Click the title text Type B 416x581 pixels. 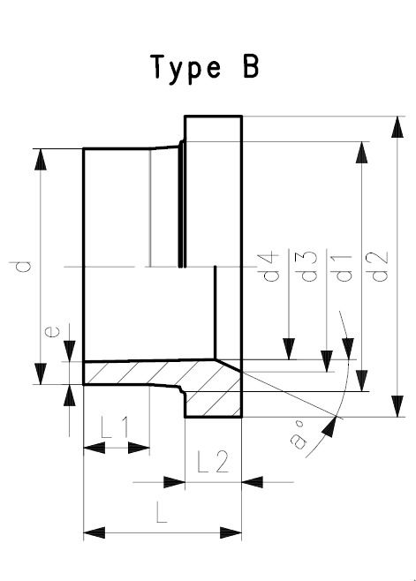[x=206, y=68]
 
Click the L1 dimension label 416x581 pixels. [x=115, y=429]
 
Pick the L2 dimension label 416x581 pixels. [x=212, y=462]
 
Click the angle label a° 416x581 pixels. [x=304, y=435]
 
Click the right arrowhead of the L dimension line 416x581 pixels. [x=235, y=532]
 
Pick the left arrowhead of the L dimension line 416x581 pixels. [x=91, y=532]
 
